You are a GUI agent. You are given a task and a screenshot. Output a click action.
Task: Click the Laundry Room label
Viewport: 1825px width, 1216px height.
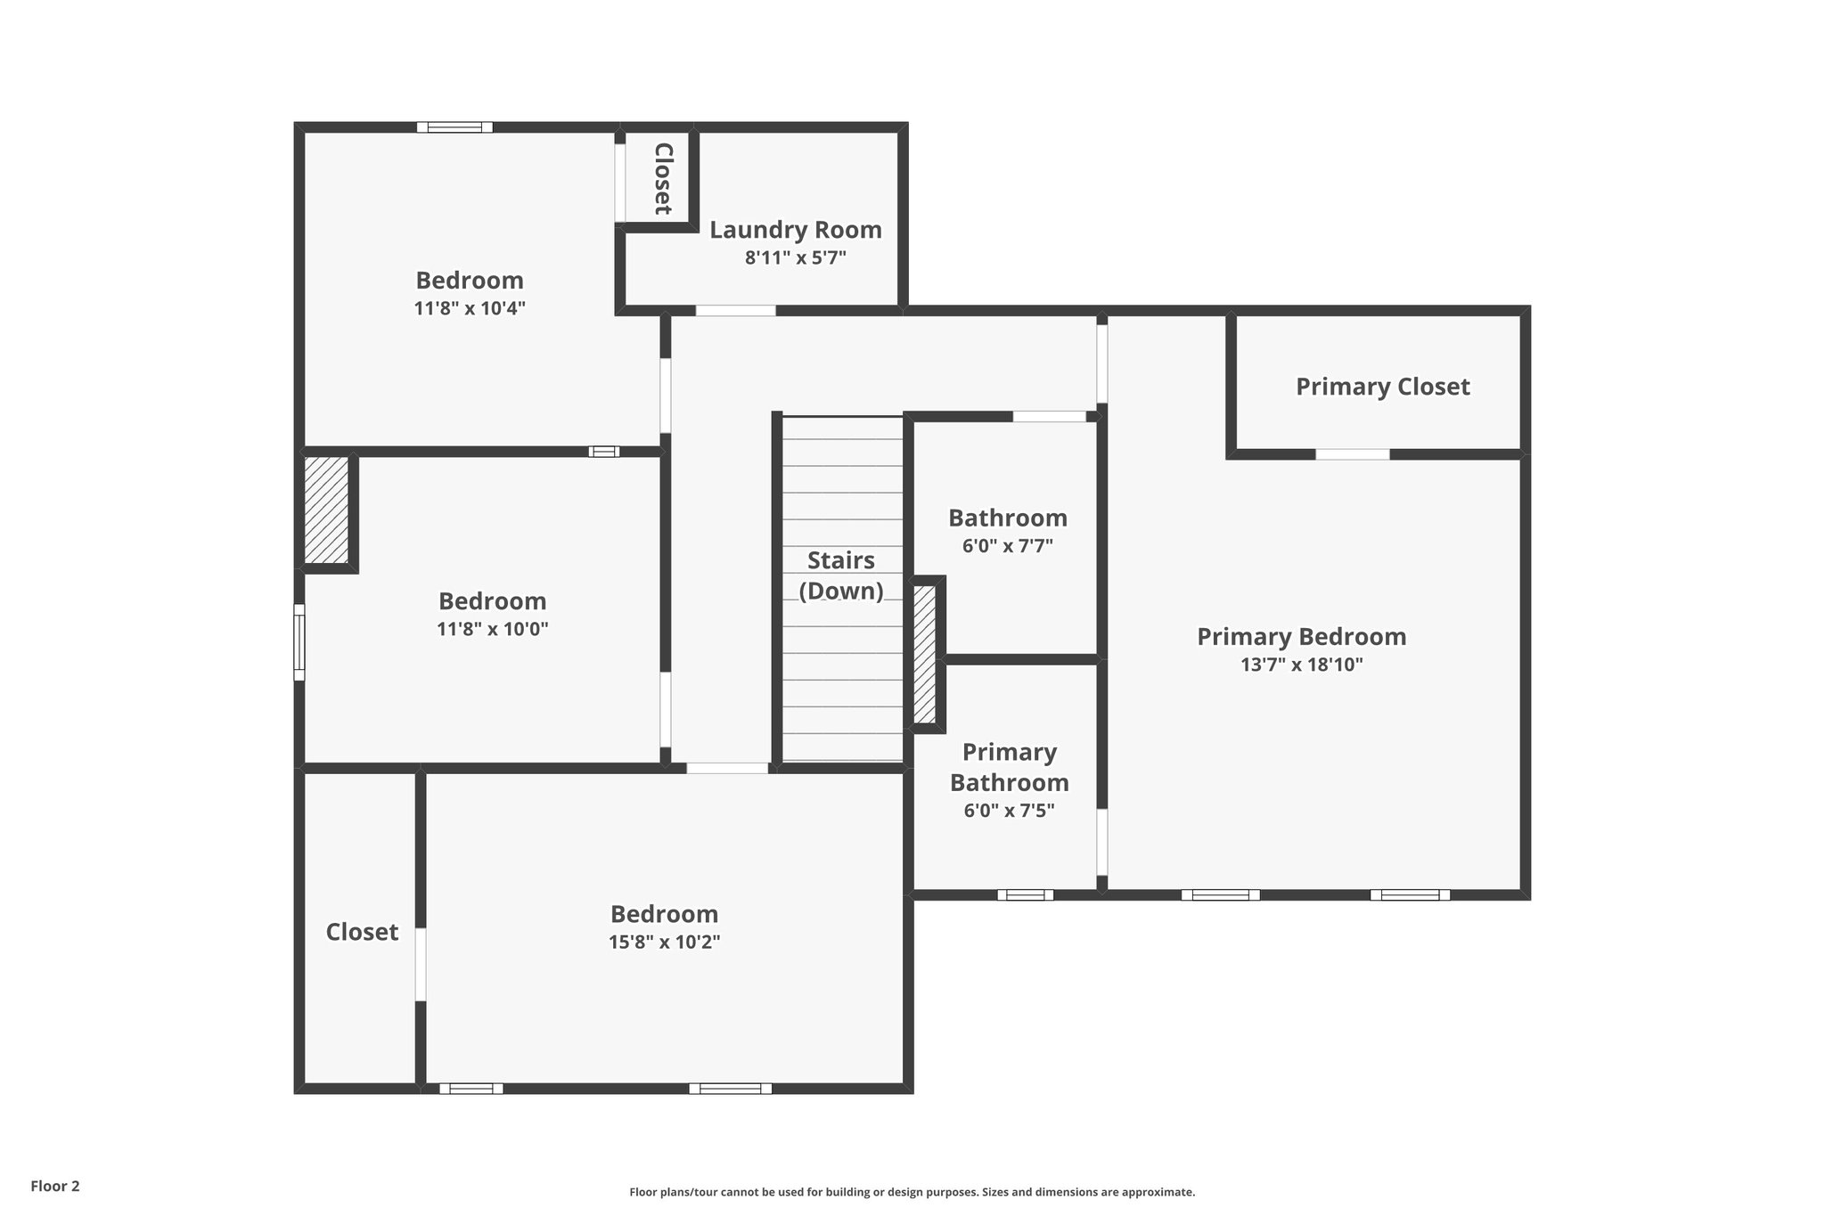pos(795,230)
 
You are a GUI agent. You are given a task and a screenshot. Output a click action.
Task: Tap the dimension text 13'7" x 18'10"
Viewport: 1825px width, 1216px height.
pos(1301,665)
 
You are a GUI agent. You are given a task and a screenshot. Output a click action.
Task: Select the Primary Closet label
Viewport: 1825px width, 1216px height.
pos(1382,387)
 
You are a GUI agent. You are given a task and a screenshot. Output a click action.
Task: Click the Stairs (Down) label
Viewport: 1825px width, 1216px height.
pos(840,575)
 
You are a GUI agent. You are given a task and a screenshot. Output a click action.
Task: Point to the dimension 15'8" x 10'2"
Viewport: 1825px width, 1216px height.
pos(664,943)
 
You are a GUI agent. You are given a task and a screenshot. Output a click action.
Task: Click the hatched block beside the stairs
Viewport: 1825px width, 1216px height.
pos(925,653)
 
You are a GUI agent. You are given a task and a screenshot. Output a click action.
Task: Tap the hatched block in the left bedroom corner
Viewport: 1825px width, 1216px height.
pos(326,510)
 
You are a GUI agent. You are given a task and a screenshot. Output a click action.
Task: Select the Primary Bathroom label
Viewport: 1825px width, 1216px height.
pos(1009,767)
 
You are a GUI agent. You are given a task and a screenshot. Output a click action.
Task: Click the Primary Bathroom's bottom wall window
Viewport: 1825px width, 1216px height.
pos(1025,894)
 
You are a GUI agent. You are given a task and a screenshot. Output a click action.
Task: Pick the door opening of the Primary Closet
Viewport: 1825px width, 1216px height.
pos(1352,454)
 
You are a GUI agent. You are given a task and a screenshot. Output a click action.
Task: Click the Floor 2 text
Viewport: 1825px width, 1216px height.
pos(55,1186)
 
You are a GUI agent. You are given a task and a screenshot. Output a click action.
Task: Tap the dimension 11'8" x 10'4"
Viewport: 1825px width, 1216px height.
pos(470,309)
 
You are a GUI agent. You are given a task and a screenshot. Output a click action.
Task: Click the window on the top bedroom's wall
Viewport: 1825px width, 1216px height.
pos(454,127)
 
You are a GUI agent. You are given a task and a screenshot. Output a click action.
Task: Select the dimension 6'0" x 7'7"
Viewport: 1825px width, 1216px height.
pos(1007,546)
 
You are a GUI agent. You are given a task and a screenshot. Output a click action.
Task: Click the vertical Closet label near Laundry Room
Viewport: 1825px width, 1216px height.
pos(662,178)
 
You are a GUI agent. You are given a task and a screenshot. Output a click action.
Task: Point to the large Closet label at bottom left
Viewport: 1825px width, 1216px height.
pos(362,932)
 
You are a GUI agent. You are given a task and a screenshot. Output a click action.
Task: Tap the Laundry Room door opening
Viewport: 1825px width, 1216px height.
pos(735,310)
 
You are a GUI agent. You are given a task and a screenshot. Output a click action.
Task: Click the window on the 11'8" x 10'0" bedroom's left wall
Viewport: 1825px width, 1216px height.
pos(299,641)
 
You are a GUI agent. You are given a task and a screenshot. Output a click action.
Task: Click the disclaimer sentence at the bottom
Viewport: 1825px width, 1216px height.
pos(912,1192)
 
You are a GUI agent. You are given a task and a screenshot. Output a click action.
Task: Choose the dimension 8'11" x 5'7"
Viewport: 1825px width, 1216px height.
pos(795,258)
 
